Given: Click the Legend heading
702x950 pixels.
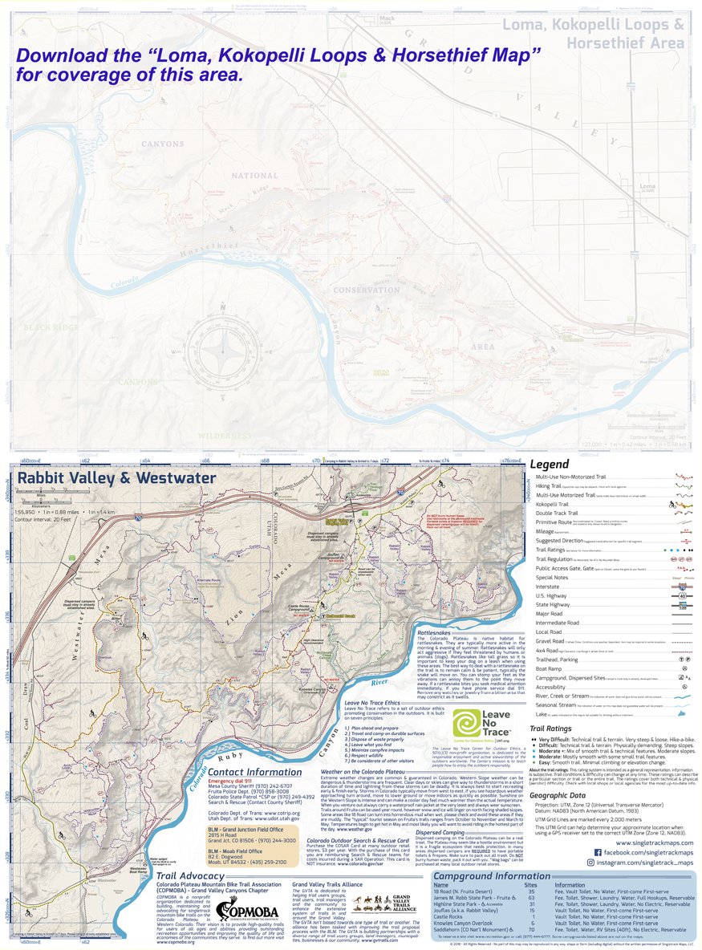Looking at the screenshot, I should pos(550,464).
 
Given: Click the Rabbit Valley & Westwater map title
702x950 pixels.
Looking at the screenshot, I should pos(116,478).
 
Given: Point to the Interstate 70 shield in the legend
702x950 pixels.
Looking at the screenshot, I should pos(680,587).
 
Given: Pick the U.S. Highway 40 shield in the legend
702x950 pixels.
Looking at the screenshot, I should pos(680,596).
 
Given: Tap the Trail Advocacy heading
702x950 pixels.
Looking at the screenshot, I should pos(190,875).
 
